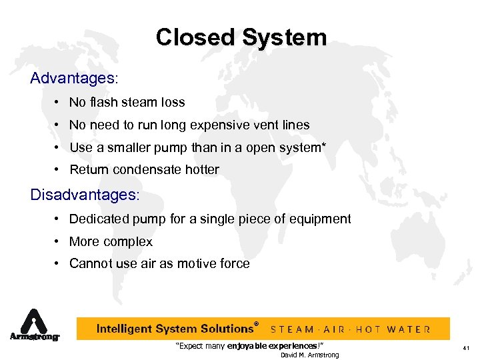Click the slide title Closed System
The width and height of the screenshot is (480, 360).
241,37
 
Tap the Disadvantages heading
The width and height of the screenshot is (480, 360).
86,195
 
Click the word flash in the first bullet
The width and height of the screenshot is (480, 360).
103,103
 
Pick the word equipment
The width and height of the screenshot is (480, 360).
322,219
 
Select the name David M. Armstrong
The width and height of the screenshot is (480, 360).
309,355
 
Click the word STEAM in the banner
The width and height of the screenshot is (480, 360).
294,329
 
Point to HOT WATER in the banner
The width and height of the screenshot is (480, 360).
393,329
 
